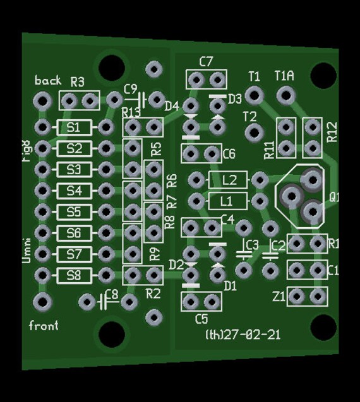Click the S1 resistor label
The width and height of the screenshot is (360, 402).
point(74,128)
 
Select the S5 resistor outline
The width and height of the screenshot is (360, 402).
point(74,211)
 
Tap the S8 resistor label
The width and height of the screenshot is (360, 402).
point(74,275)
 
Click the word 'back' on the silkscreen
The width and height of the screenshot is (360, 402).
point(48,80)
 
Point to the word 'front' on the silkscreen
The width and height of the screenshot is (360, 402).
point(44,326)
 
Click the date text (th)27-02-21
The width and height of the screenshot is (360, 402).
point(243,334)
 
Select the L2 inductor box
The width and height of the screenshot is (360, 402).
point(229,180)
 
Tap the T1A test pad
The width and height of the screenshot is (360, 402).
point(285,95)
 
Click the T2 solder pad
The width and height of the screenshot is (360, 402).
point(254,132)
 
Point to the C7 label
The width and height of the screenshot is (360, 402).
point(206,62)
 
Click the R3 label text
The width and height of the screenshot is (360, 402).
point(78,82)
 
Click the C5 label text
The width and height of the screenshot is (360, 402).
point(201,318)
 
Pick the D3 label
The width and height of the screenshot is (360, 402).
point(235,99)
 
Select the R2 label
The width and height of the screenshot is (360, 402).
point(153,293)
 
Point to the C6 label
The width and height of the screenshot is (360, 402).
point(229,154)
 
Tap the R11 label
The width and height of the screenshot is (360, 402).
point(269,149)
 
